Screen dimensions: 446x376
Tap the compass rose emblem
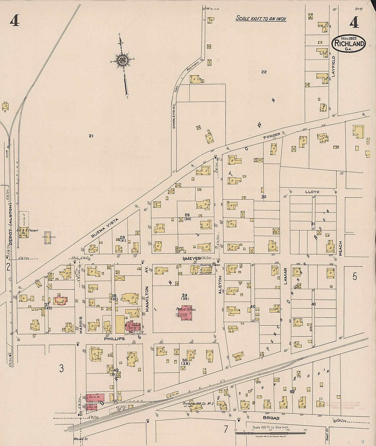[x=123, y=60]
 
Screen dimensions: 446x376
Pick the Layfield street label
[x=334, y=66]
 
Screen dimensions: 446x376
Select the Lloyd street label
[x=312, y=192]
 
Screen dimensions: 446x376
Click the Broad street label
[x=271, y=418]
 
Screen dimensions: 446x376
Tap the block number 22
[x=264, y=72]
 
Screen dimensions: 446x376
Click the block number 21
[x=91, y=136]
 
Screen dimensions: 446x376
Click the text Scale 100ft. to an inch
[x=261, y=19]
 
